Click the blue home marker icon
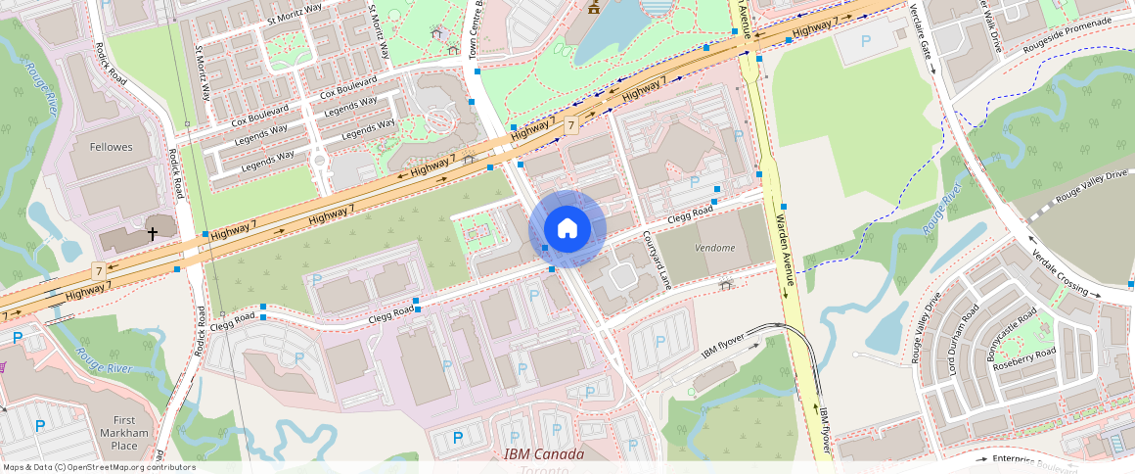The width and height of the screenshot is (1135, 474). tap(567, 229)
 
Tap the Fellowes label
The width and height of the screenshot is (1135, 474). tap(111, 147)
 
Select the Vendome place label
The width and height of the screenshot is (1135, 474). tap(714, 248)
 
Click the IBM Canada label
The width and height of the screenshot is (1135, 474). tap(543, 454)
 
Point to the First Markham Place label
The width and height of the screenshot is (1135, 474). tap(124, 433)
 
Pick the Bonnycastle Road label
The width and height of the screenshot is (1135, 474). tap(1013, 335)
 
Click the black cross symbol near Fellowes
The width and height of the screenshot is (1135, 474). tap(152, 233)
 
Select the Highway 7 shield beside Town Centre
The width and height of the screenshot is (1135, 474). tap(569, 125)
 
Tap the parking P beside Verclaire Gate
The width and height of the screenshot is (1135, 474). tap(865, 42)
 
